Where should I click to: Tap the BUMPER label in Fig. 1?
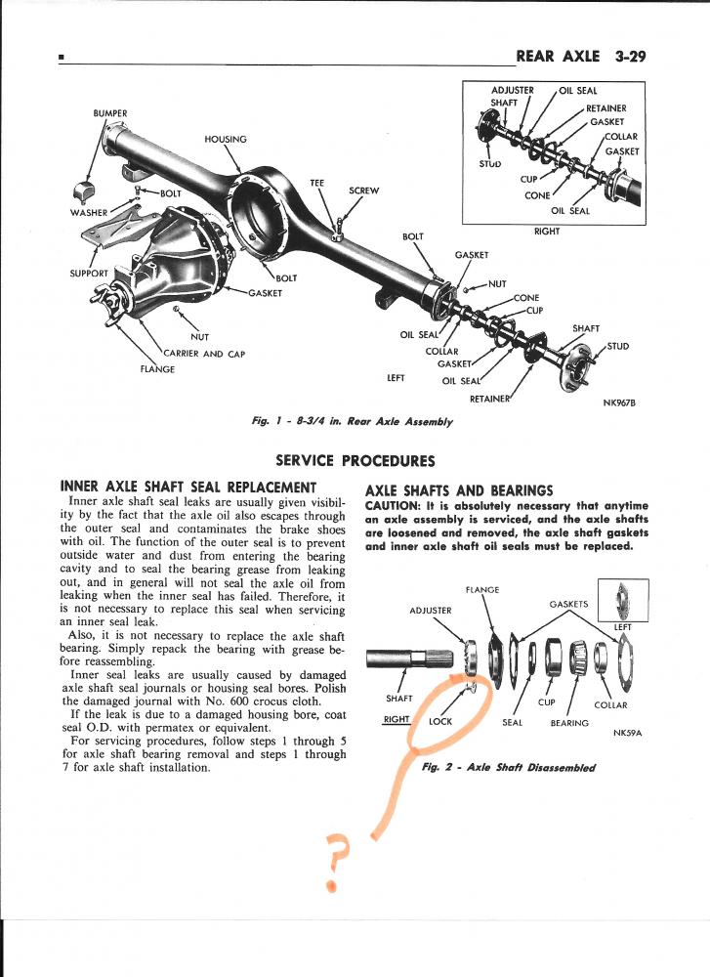tap(109, 113)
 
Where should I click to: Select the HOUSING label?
tap(226, 139)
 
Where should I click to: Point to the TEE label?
tap(316, 183)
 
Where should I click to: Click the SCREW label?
tap(363, 191)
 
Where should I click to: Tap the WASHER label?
tap(89, 212)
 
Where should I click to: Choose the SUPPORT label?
tap(89, 273)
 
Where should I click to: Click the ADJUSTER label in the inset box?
tap(512, 91)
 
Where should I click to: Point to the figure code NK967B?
tap(619, 402)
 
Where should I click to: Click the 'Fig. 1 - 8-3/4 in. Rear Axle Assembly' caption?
tap(352, 422)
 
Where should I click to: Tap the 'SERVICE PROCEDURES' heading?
tap(355, 460)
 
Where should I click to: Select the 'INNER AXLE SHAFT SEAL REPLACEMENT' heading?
tap(188, 487)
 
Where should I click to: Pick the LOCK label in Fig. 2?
tap(440, 721)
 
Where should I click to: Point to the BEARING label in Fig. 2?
tap(568, 723)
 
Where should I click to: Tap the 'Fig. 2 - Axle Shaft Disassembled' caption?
tap(508, 767)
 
